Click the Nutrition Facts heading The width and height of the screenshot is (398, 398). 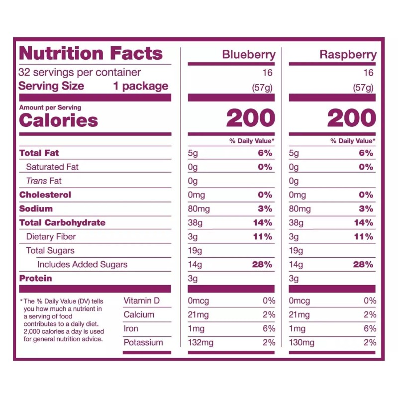coord(91,53)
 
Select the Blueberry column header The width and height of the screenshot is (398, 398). coord(248,55)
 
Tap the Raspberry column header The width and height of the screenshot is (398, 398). coord(348,55)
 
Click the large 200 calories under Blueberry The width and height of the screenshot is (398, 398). coord(250,118)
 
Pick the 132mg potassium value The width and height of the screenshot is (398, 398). coord(200,342)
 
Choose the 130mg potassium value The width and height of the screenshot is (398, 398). coord(301,342)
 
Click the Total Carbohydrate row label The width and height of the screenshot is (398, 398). coord(62,222)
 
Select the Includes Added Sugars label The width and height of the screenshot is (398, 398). coord(82,264)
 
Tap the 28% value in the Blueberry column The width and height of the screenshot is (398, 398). coord(262,264)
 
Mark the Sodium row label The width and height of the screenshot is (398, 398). coord(36,208)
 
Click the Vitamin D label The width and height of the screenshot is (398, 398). coord(142,300)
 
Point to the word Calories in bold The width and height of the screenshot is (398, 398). coord(58,120)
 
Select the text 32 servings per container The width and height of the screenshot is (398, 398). coord(80,72)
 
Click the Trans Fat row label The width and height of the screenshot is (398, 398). coord(44,181)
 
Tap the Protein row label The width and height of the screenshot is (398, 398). coord(35,278)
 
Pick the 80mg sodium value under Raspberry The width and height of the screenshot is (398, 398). coord(299,208)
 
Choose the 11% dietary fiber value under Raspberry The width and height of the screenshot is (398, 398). coord(363,236)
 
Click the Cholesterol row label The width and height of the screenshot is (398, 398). coord(45,195)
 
